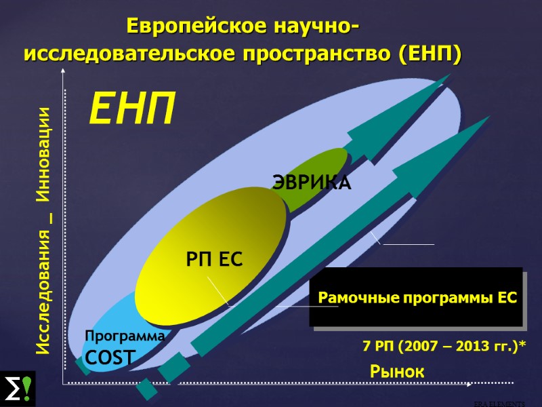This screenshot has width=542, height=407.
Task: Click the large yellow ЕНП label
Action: pyautogui.click(x=133, y=109)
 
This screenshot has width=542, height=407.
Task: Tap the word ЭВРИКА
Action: pyautogui.click(x=312, y=182)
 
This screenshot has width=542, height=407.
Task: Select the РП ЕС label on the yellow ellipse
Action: pyautogui.click(x=214, y=259)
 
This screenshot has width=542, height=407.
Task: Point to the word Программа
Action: pyautogui.click(x=125, y=336)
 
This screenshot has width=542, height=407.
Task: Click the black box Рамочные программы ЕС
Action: pyautogui.click(x=417, y=298)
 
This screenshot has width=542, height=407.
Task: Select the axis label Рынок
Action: pyautogui.click(x=397, y=372)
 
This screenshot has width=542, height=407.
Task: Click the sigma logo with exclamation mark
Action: pyautogui.click(x=18, y=389)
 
